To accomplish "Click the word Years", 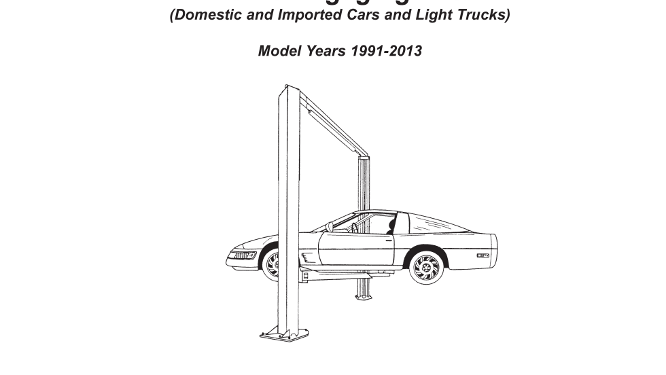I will coord(324,51).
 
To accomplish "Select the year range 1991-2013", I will coord(385,51).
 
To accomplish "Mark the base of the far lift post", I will coord(364,295).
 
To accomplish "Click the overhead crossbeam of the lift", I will coord(333,122).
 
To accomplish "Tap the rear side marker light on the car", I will coord(483,255).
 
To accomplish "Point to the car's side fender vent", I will coord(307,257).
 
